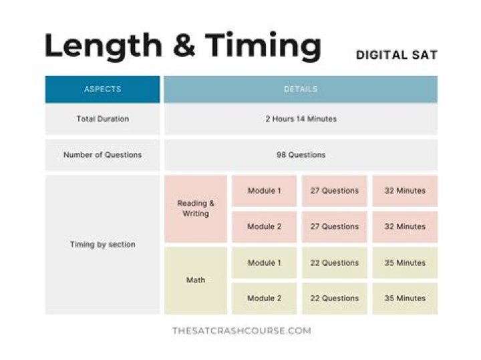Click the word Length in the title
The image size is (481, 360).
pyautogui.click(x=102, y=46)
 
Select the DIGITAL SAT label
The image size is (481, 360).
pyautogui.click(x=396, y=55)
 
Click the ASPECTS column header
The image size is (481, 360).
pyautogui.click(x=102, y=89)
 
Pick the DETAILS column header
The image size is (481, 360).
pyautogui.click(x=301, y=89)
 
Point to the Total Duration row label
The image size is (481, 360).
pyautogui.click(x=102, y=119)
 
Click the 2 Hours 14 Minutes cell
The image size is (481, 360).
pyautogui.click(x=301, y=119)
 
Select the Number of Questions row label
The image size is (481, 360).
pyautogui.click(x=102, y=155)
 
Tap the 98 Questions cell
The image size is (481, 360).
pyautogui.click(x=301, y=155)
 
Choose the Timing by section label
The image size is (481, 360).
pyautogui.click(x=102, y=244)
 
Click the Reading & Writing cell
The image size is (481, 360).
pyautogui.click(x=196, y=208)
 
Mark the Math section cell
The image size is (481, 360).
pyautogui.click(x=196, y=280)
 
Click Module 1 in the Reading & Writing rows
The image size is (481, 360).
pyautogui.click(x=265, y=190)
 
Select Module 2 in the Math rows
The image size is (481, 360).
pyautogui.click(x=265, y=299)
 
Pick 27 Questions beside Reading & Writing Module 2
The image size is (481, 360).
pyautogui.click(x=334, y=226)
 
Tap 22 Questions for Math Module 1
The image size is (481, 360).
pyautogui.click(x=334, y=262)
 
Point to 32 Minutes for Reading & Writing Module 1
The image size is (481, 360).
pyautogui.click(x=405, y=190)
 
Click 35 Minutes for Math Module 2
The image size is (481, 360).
pyautogui.click(x=405, y=299)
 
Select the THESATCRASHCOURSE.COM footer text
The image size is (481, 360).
pyautogui.click(x=241, y=331)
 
